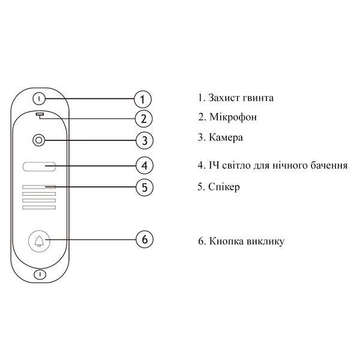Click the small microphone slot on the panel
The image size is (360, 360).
pos(40,114)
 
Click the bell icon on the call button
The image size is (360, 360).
pos(39,241)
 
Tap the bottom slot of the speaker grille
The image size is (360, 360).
pos(39,208)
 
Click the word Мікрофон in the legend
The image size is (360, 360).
pos(233,117)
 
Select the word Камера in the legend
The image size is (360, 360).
pos(226,137)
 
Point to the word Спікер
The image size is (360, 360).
pos(224,187)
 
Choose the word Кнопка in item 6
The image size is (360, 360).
pos(226,241)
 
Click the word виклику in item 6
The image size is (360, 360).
pos(265,242)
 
